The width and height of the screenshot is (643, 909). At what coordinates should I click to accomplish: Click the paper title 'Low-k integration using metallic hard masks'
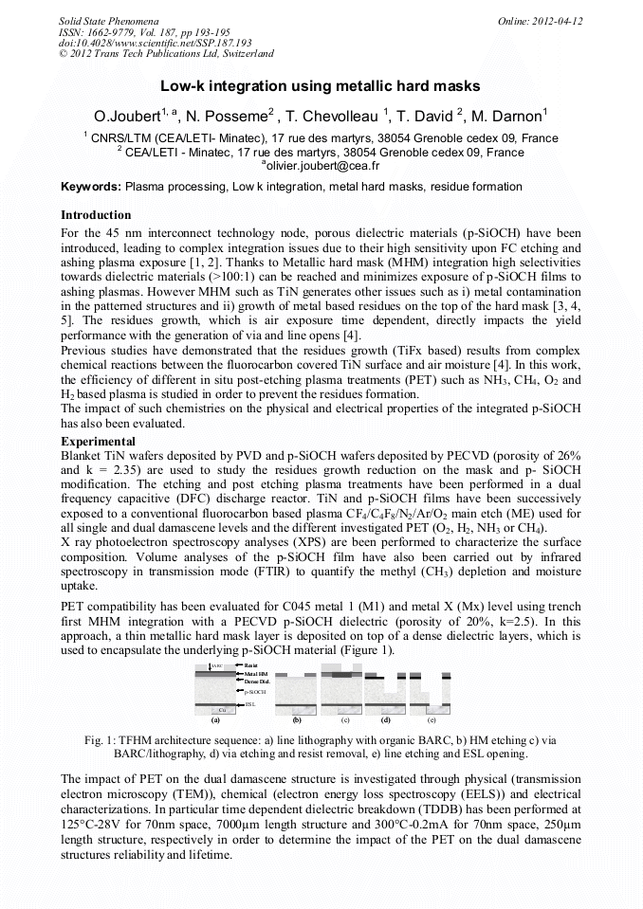(x=321, y=86)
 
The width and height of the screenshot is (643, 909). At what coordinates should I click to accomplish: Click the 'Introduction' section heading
(x=96, y=215)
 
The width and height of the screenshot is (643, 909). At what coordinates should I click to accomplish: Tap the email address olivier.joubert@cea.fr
(x=321, y=166)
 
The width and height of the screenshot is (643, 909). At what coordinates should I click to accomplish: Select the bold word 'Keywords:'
(x=91, y=189)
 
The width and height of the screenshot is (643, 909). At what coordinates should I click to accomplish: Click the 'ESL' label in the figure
(x=249, y=704)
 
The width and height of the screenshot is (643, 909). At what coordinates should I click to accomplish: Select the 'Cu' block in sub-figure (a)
(x=222, y=711)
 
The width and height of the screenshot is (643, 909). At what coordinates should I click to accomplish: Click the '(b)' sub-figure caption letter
(x=297, y=721)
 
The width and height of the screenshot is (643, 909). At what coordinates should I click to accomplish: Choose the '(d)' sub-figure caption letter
(x=386, y=721)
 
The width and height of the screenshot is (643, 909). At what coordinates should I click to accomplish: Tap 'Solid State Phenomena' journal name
(x=106, y=20)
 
